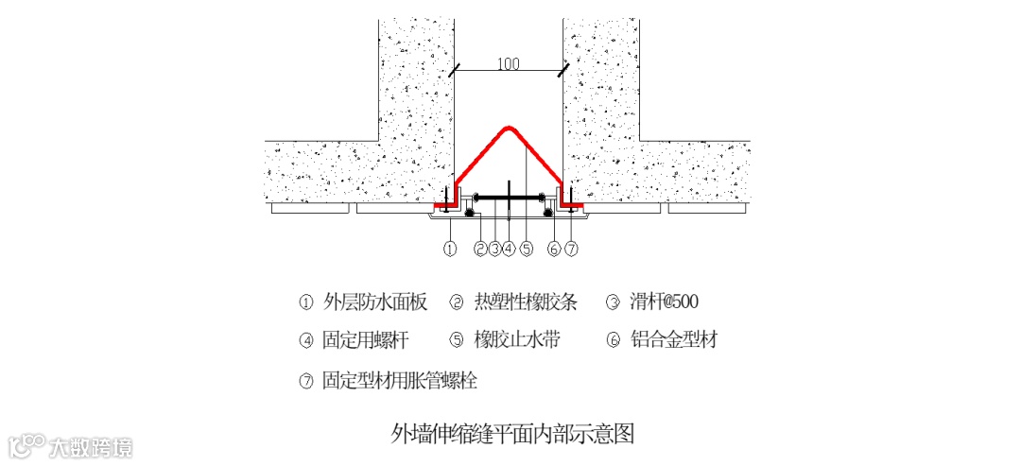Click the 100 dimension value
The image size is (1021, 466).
click(509, 64)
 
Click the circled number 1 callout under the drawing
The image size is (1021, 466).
click(450, 249)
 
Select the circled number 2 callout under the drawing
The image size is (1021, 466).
click(480, 249)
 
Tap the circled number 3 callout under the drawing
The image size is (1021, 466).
click(494, 249)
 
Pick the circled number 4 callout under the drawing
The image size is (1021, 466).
click(509, 249)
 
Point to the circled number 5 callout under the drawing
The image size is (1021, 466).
click(527, 249)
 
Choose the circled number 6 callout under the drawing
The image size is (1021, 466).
click(555, 249)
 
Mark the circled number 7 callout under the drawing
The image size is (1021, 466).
click(570, 249)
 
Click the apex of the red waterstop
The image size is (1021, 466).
click(509, 127)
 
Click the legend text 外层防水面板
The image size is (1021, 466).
click(375, 302)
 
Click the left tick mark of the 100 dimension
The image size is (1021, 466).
click(455, 71)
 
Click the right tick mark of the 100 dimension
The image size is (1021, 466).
click(563, 71)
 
